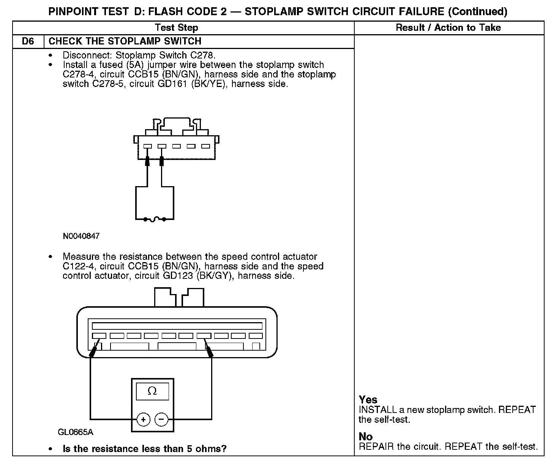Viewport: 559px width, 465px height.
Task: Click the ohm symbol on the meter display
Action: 152,391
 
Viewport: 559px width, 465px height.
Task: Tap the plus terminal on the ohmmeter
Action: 143,420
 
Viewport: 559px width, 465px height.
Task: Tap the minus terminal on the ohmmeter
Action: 161,420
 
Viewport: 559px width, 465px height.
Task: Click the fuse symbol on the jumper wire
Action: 155,220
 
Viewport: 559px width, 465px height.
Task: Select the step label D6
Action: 28,41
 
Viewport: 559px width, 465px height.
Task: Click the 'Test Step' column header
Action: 177,28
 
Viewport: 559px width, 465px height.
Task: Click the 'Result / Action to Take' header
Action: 448,28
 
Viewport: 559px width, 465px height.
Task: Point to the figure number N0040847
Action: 81,236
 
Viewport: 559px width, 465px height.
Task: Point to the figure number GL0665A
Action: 76,432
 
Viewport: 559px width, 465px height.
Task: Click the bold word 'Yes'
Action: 368,400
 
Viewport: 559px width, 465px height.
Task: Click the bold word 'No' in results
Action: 366,437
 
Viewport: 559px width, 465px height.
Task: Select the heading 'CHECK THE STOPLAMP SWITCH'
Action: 125,41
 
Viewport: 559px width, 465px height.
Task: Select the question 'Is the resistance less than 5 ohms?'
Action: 144,449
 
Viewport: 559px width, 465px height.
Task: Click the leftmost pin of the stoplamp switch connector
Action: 148,146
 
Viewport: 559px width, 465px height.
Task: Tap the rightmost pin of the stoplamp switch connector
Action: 205,146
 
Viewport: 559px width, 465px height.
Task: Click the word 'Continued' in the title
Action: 478,12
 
